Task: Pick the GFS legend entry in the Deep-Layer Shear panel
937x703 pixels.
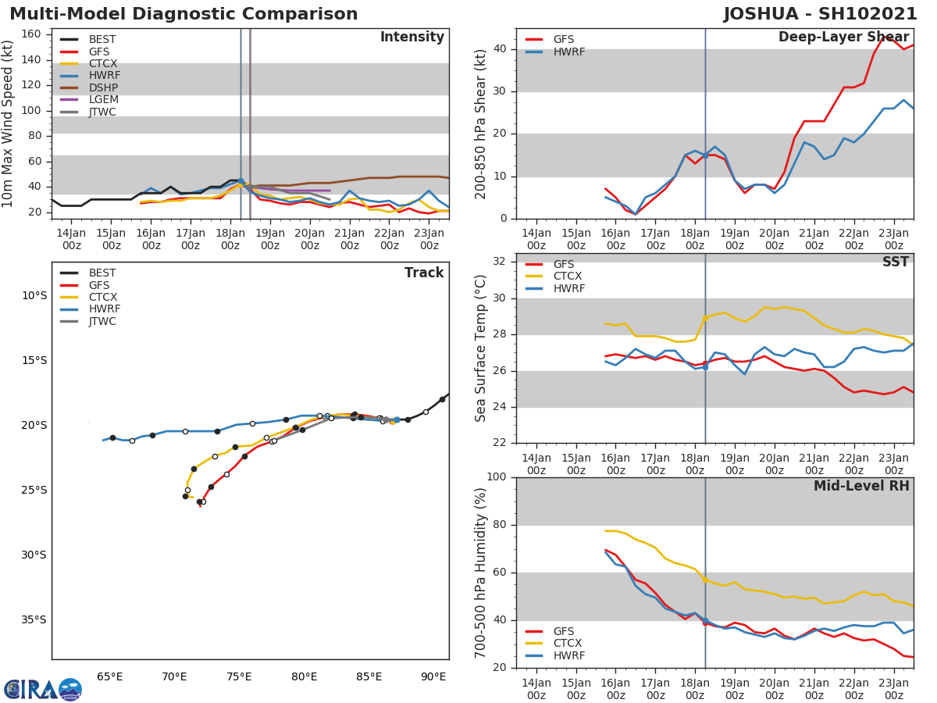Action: [x=564, y=40]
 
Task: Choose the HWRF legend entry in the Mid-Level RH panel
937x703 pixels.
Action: [x=568, y=656]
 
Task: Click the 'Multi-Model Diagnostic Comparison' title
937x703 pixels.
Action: [x=183, y=14]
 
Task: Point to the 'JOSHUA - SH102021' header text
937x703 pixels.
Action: [x=820, y=14]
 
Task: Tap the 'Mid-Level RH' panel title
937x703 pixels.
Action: [x=861, y=487]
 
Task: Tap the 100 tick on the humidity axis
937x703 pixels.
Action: [x=496, y=477]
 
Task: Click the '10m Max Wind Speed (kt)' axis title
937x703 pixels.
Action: [x=9, y=123]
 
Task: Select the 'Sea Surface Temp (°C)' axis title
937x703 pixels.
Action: [x=481, y=348]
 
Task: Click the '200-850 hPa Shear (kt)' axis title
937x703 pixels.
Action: [x=481, y=123]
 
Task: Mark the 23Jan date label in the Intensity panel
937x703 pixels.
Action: [x=429, y=239]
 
